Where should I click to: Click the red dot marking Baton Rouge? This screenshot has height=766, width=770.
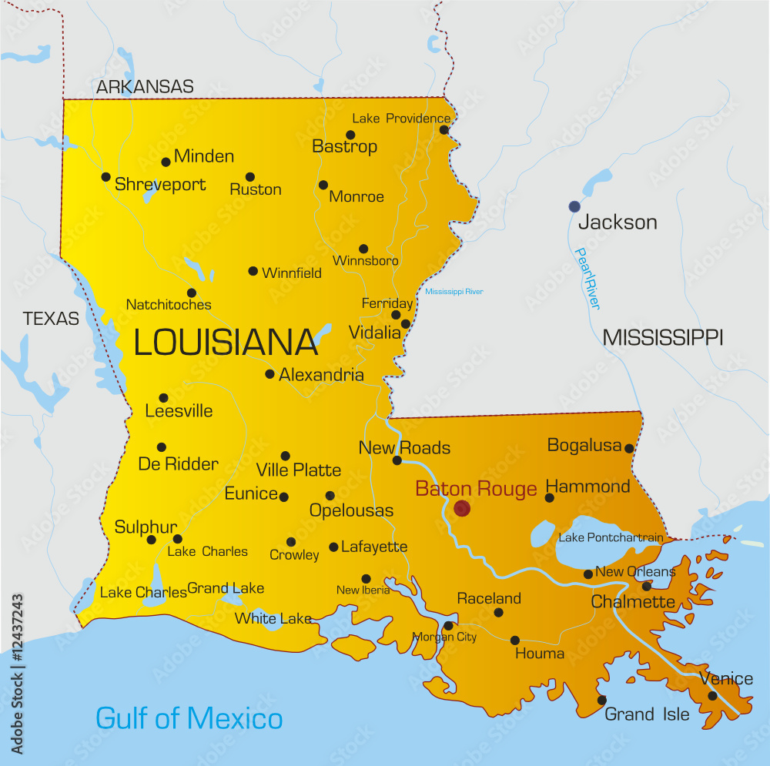(462, 508)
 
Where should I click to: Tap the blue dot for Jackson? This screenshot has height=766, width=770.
(574, 206)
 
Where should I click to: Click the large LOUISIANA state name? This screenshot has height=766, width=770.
(226, 343)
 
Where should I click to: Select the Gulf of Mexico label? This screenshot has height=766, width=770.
(189, 718)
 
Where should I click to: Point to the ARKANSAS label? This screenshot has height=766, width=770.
(145, 87)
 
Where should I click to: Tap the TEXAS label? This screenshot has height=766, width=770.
(51, 318)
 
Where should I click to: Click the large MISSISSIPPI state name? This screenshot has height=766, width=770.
(662, 337)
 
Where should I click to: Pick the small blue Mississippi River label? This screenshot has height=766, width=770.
(454, 292)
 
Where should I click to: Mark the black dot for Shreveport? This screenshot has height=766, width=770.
(106, 177)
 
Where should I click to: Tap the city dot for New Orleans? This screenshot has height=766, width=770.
(588, 574)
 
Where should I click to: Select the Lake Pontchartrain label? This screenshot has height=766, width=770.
(611, 537)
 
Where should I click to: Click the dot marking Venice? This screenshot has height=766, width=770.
(712, 696)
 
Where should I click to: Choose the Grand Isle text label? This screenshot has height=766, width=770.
(647, 714)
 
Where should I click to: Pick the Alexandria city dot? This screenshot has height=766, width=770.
(269, 374)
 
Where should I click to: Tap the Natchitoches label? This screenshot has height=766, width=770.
(169, 305)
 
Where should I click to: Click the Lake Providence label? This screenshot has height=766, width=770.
(401, 119)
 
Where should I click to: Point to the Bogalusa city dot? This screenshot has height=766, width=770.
(629, 448)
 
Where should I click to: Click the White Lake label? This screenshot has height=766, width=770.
(273, 618)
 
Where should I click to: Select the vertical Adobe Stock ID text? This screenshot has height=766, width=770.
(17, 674)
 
